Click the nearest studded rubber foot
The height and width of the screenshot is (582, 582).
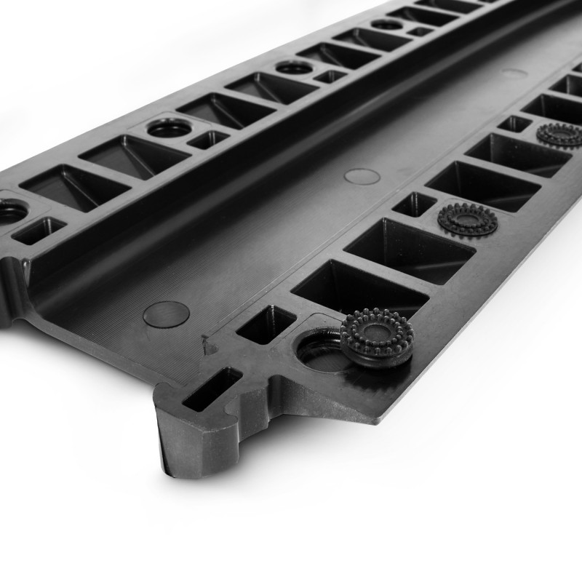[377, 337]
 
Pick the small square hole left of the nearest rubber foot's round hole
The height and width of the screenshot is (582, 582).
[266, 324]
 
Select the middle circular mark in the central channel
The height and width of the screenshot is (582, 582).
[362, 176]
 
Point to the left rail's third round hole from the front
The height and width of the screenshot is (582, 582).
[295, 68]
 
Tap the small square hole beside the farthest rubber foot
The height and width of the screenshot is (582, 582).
[515, 124]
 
